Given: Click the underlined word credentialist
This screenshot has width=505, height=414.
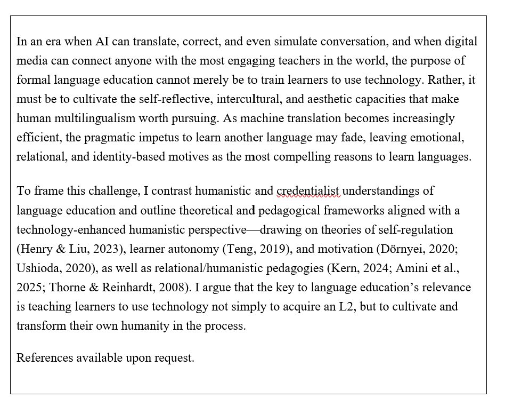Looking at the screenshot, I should pos(308,190).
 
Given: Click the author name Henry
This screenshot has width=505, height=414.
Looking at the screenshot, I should pos(36,249).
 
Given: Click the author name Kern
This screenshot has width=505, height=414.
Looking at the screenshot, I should pos(341,268).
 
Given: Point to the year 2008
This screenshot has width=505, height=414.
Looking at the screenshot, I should pos(171,287).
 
